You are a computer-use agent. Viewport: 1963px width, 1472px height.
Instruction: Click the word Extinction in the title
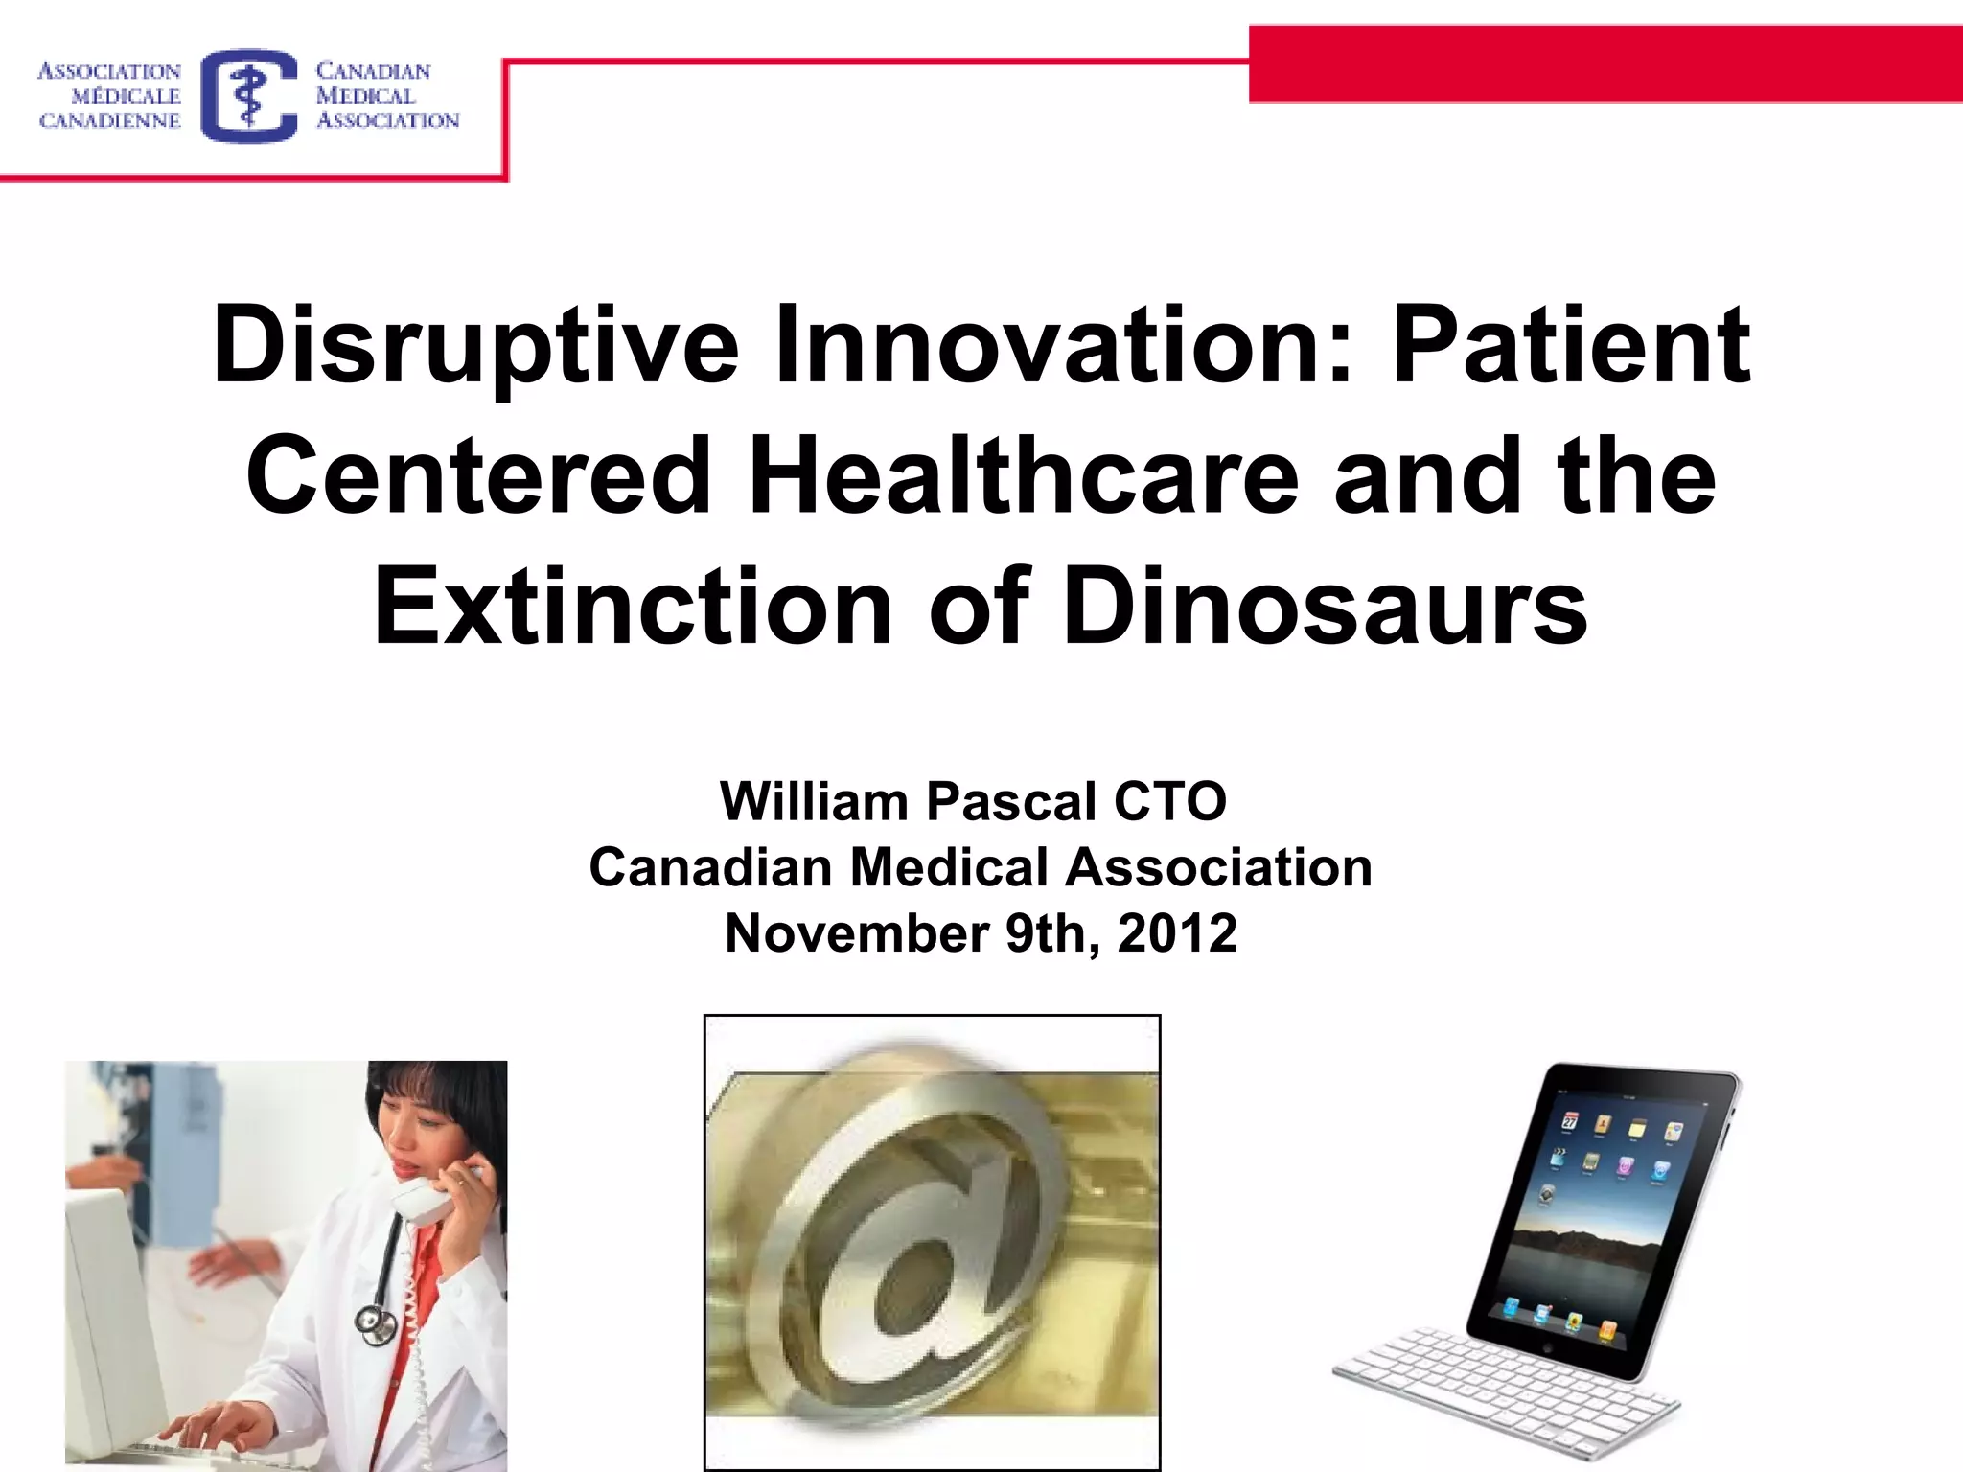[633, 608]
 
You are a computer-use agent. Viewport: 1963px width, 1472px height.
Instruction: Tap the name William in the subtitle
[813, 801]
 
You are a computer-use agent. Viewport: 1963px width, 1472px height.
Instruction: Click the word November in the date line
[856, 933]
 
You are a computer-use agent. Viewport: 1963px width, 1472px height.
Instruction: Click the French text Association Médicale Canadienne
[109, 96]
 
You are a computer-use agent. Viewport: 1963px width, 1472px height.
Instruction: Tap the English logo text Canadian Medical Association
[386, 96]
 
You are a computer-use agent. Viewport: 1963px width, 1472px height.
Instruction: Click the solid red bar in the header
[1605, 64]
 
